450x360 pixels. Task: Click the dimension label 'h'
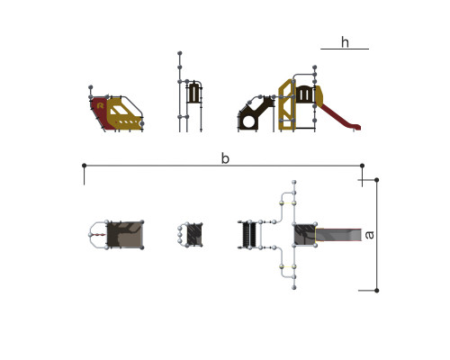pos(345,42)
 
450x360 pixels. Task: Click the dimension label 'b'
pos(225,158)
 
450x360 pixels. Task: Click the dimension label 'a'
pos(370,235)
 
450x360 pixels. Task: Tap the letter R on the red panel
pos(101,105)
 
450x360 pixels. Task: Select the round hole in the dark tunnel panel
pos(248,121)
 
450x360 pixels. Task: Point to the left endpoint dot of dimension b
pos(85,166)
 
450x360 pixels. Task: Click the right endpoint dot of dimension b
pos(362,166)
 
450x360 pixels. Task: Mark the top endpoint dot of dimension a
pos(377,180)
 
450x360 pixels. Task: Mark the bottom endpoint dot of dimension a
pos(377,291)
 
